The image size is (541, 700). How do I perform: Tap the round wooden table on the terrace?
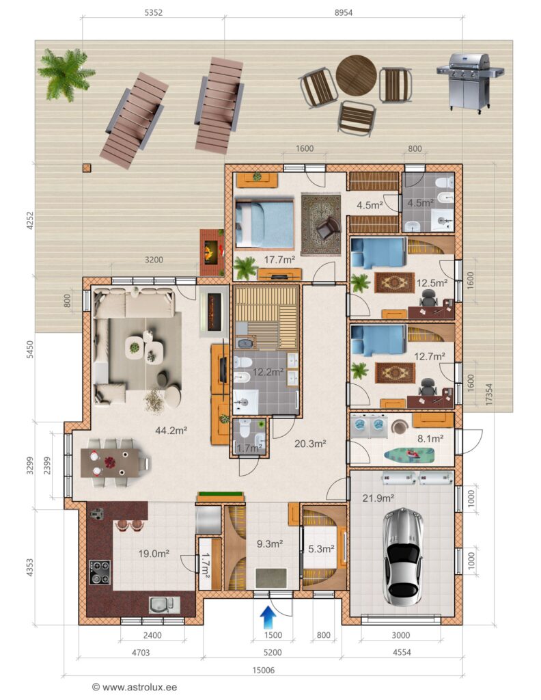tap(357, 75)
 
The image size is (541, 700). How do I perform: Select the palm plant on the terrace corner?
tap(66, 74)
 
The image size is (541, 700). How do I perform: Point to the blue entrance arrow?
tap(268, 617)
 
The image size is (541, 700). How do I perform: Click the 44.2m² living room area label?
tap(171, 431)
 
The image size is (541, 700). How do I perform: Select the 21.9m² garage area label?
tap(378, 498)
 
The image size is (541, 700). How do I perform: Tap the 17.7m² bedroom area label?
tap(279, 259)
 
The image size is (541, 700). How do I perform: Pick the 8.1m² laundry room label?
tap(430, 439)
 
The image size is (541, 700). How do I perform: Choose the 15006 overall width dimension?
tap(264, 670)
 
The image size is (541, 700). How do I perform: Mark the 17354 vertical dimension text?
tap(489, 394)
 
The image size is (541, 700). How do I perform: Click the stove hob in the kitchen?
tap(100, 572)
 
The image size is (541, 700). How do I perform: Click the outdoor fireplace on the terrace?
tap(211, 252)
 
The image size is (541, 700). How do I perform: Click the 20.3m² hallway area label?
tap(310, 444)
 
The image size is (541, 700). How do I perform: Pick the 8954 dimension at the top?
tap(344, 12)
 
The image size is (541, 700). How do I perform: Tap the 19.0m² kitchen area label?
tap(154, 554)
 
